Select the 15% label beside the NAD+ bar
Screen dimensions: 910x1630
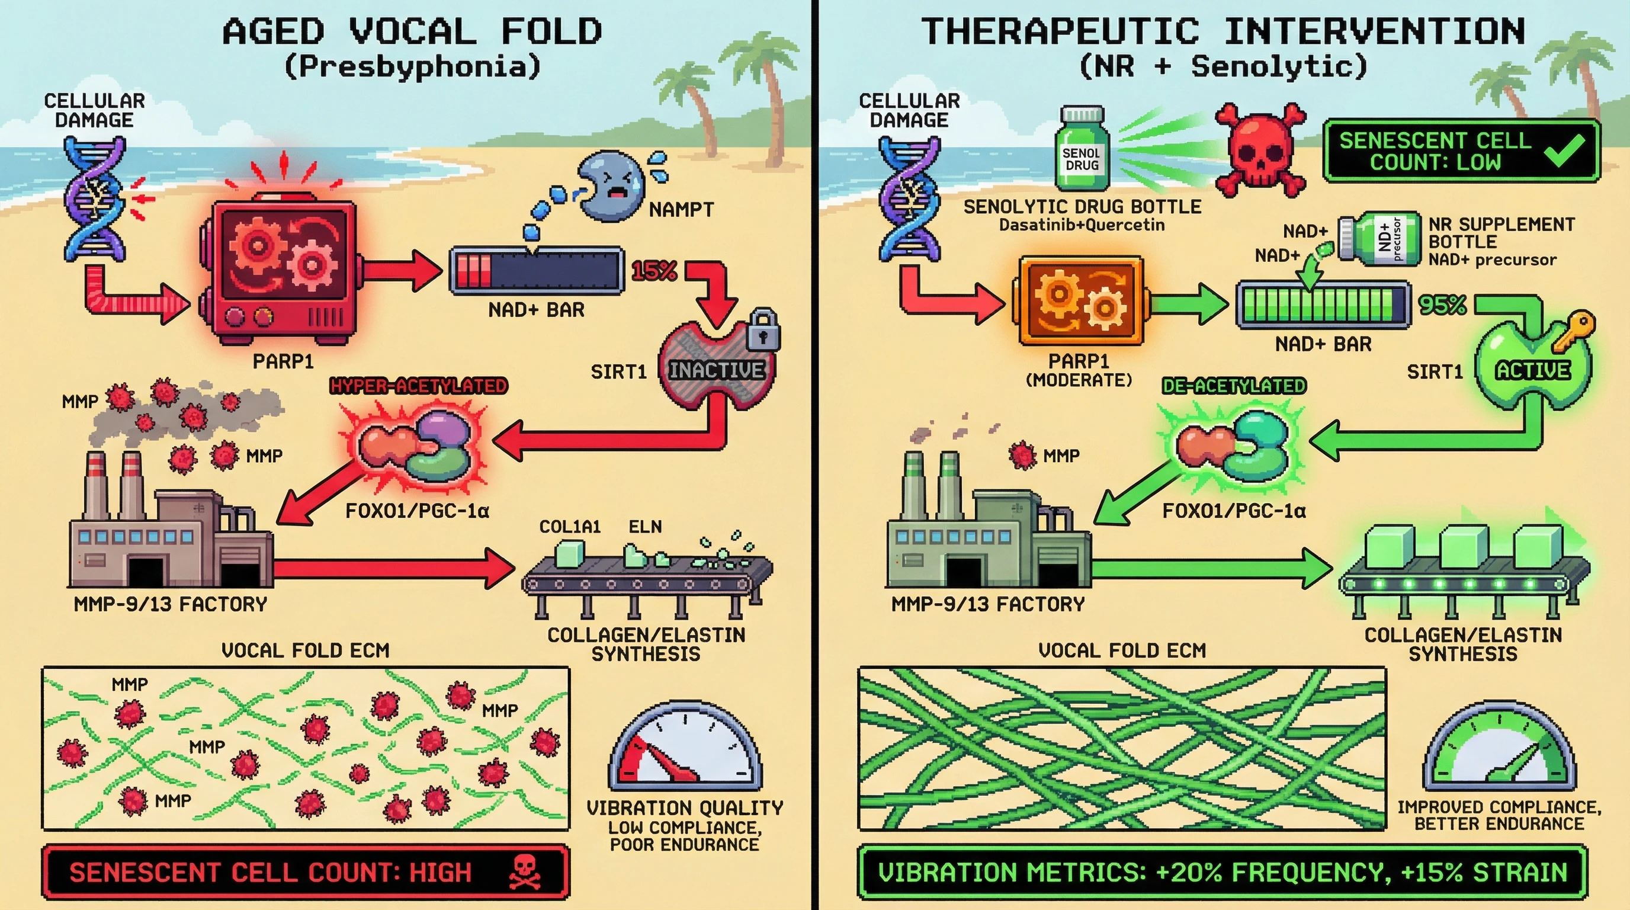[654, 271]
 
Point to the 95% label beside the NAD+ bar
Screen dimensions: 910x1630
[1442, 305]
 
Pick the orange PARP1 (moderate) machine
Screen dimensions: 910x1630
[1081, 300]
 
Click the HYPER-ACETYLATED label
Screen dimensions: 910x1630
[418, 386]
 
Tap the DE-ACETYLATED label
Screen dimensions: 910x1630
[1234, 386]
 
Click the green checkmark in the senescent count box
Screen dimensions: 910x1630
[1565, 150]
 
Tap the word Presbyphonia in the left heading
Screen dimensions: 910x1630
[413, 66]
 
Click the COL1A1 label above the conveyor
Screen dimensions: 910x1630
[569, 527]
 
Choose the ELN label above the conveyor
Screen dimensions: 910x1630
[645, 527]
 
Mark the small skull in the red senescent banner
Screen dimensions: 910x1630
[525, 871]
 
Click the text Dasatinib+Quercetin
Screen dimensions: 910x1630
[1082, 225]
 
